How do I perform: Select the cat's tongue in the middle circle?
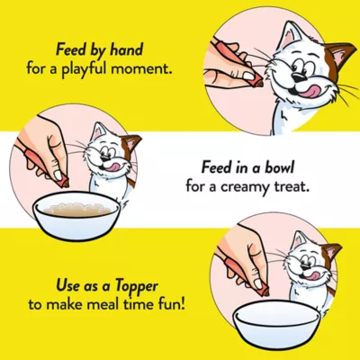click(112, 166)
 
